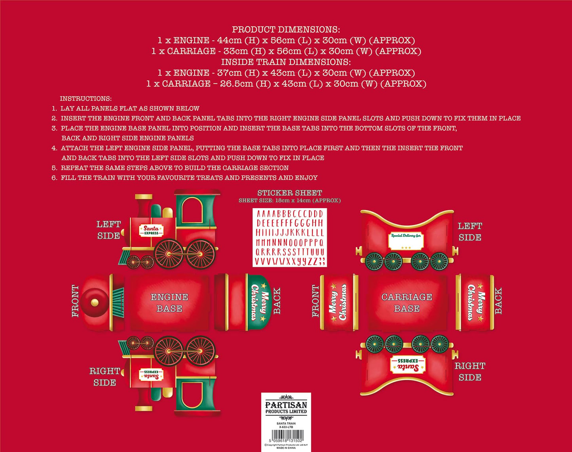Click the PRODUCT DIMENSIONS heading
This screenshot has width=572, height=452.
286,30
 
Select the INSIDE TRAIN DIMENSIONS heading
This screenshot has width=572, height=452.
286,62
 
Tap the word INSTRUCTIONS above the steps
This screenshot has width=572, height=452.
86,99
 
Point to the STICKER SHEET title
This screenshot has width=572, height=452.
290,193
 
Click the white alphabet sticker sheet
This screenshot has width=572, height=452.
290,237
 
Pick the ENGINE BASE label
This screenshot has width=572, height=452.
169,303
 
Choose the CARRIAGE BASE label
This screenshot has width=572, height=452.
407,303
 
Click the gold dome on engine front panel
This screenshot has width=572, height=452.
95,303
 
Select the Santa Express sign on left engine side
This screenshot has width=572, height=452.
151,230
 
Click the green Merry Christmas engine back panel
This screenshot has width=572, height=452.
260,302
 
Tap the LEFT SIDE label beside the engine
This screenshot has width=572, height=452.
108,230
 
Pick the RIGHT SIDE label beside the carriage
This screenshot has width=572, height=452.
470,372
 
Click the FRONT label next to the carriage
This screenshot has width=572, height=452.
315,301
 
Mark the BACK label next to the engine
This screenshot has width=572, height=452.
277,301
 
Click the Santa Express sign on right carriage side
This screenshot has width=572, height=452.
408,365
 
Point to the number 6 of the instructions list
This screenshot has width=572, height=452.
54,178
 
